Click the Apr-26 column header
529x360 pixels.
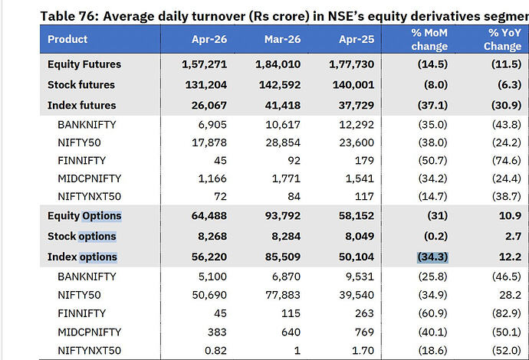pyautogui.click(x=209, y=39)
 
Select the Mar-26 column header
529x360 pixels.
pyautogui.click(x=282, y=39)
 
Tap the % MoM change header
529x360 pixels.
pyautogui.click(x=429, y=39)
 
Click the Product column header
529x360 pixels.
pyautogui.click(x=67, y=39)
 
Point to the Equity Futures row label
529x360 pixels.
pyautogui.click(x=84, y=64)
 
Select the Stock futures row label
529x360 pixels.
pyautogui.click(x=81, y=85)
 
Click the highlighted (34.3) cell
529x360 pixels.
pyautogui.click(x=432, y=257)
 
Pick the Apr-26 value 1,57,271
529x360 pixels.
pyautogui.click(x=204, y=64)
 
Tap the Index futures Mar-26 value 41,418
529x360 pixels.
pyautogui.click(x=282, y=106)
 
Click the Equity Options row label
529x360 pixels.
pyautogui.click(x=84, y=216)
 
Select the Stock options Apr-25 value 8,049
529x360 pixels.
pyautogui.click(x=360, y=237)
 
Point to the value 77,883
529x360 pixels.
pyautogui.click(x=282, y=296)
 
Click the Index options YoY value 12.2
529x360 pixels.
pyautogui.click(x=510, y=257)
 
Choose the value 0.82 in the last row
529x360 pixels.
pyautogui.click(x=215, y=351)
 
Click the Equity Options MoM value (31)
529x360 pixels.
pyautogui.click(x=438, y=216)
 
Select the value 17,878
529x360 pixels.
pyautogui.click(x=209, y=143)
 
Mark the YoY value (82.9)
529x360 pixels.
pyautogui.click(x=507, y=314)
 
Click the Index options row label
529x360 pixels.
pyautogui.click(x=82, y=257)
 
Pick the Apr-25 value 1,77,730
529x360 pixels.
pyautogui.click(x=352, y=64)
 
